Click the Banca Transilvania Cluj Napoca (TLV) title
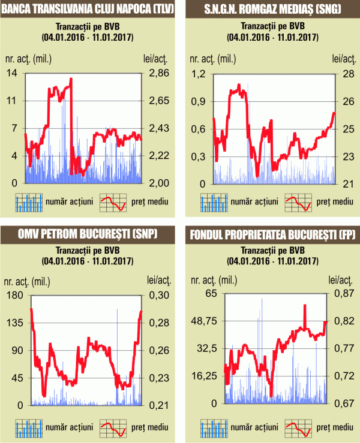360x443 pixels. [x=86, y=8]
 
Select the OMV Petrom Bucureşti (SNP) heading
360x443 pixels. [x=86, y=233]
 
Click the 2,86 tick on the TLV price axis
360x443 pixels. [x=161, y=73]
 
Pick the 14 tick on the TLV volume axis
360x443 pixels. [x=11, y=73]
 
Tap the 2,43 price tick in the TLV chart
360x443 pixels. [x=161, y=128]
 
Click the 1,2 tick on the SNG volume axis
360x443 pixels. [x=197, y=73]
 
